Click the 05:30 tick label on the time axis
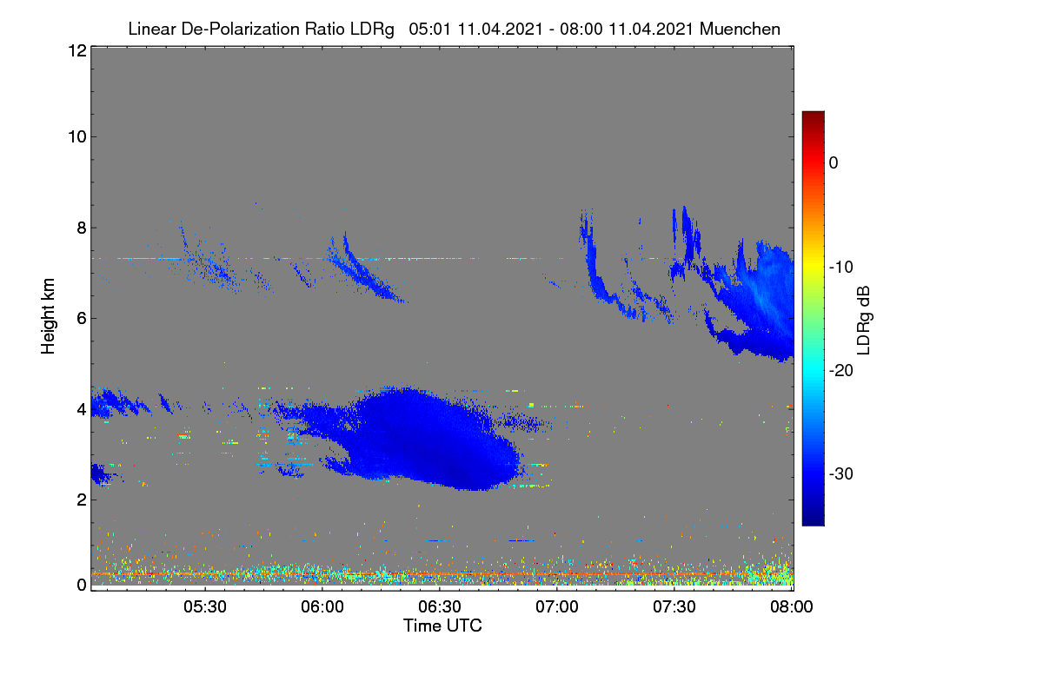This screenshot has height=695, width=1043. click(x=205, y=607)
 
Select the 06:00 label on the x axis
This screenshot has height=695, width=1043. click(x=322, y=607)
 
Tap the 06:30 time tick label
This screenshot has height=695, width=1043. click(x=440, y=607)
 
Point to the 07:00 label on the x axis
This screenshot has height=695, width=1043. click(x=557, y=607)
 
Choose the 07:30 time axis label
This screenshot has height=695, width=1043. click(x=674, y=607)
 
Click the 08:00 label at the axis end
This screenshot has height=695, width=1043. click(x=792, y=607)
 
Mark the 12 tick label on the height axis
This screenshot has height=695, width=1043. click(x=77, y=50)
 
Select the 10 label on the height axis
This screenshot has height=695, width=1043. click(x=77, y=137)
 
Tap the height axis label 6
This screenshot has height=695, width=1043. click(x=82, y=319)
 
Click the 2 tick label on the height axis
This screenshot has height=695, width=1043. click(x=82, y=500)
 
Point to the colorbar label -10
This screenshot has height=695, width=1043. click(x=841, y=268)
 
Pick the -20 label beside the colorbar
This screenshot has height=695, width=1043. click(x=841, y=371)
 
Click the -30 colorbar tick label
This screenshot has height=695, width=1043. click(x=841, y=473)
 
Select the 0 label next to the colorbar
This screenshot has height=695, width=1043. click(x=834, y=163)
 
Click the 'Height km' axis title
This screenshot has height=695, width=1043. click(x=48, y=316)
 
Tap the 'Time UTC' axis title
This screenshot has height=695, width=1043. click(x=442, y=625)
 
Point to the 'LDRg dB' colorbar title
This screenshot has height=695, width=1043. click(x=864, y=321)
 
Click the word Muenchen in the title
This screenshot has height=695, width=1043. click(x=740, y=30)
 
